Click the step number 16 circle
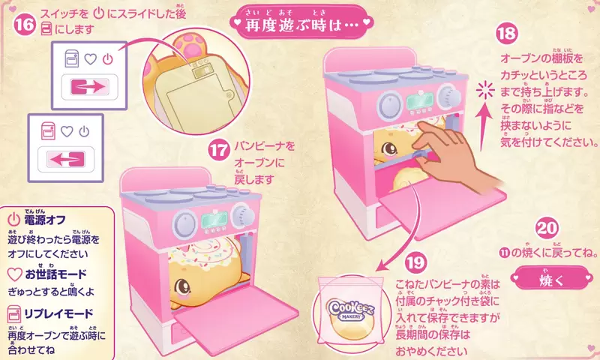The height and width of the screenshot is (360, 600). point(25,25)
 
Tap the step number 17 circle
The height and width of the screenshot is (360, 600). point(219,150)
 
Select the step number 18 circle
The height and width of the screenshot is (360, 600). point(507,33)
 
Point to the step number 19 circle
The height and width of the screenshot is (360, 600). point(416,262)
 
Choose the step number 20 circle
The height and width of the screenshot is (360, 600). point(547,229)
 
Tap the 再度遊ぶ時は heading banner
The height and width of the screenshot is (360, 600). point(302,23)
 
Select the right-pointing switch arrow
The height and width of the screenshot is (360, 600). point(89,87)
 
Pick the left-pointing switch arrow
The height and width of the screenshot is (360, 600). point(66,159)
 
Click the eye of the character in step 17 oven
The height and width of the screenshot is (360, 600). point(181,286)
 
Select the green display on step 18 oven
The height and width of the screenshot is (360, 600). point(420,101)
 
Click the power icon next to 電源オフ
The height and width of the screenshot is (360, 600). point(13,219)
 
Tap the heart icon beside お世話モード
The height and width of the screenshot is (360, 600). point(14,274)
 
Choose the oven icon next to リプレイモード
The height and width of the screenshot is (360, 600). point(13,313)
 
